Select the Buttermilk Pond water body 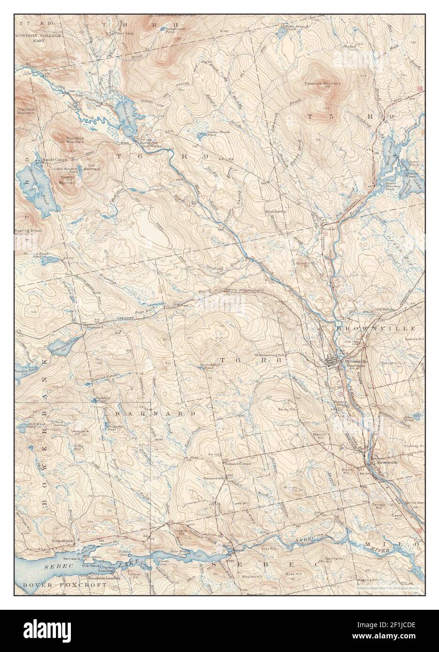coord(62,344)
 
